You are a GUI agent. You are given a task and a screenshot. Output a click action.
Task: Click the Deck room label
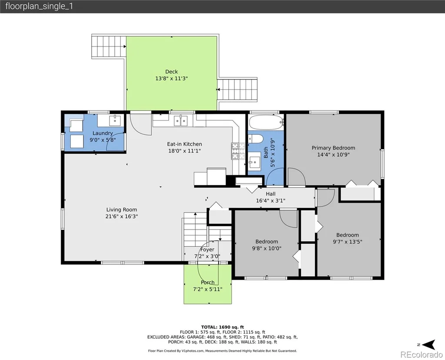pos(171,72)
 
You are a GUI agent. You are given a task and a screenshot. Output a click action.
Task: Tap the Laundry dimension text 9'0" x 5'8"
pos(103,140)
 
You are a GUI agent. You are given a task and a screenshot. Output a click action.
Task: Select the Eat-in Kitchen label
pos(184,144)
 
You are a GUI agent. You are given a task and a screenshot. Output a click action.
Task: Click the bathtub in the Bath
pos(266,122)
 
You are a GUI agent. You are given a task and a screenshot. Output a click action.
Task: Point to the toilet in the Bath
pos(256,139)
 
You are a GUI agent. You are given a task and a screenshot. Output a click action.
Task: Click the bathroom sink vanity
pos(254,163)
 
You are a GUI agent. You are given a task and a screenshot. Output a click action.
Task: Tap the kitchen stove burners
pos(238,151)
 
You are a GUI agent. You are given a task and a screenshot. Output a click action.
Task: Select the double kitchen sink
pos(181,121)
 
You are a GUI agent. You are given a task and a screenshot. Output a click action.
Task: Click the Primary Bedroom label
pos(333,148)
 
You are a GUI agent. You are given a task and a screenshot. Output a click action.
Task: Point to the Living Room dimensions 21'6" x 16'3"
pos(122,217)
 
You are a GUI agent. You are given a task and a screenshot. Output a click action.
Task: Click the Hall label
pos(270,194)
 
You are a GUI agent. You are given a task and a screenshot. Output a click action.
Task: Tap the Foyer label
pos(207,250)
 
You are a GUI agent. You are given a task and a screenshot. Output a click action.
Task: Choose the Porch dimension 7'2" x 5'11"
pos(207,289)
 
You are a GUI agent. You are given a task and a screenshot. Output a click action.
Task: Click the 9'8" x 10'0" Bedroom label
pos(266,242)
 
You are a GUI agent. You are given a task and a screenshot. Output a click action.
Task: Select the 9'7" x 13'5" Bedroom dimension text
pos(347,242)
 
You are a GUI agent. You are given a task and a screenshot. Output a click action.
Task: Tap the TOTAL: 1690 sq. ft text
pos(222,327)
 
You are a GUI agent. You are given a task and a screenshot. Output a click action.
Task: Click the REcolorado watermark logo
pos(421,355)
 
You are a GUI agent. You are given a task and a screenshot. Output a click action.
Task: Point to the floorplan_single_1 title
pos(39,6)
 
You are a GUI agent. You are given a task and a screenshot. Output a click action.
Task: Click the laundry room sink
pos(115,120)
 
